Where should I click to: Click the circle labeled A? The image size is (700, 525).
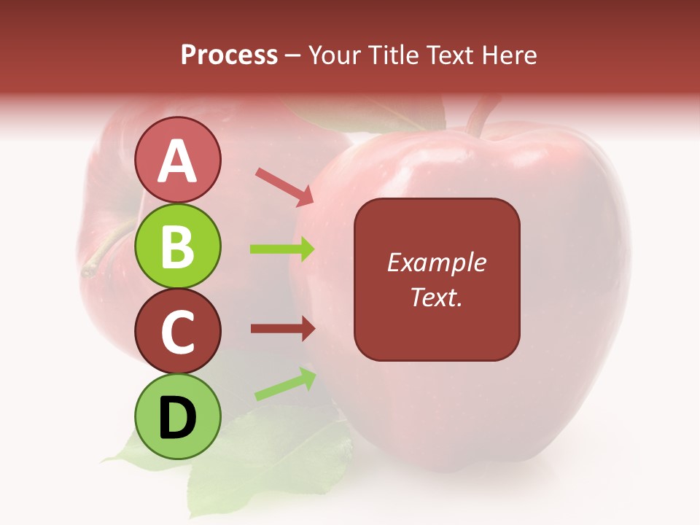pos(178,160)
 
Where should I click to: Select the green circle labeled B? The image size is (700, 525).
pos(178,246)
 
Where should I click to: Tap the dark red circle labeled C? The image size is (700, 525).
pos(178,331)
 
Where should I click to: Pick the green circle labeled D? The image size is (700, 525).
pos(178,416)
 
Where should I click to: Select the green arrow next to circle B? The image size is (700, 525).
pos(282,249)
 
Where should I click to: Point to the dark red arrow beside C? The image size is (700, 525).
pos(282,329)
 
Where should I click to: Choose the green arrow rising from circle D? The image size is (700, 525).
pos(285,384)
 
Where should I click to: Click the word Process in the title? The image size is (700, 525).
pos(229,55)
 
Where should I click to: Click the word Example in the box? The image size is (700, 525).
pos(436,262)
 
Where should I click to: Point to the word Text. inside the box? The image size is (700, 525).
pos(436,297)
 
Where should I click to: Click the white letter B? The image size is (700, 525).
pos(178,246)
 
